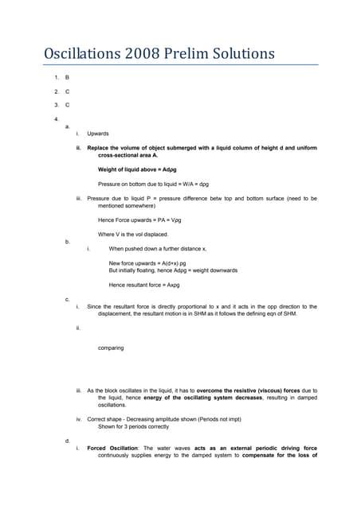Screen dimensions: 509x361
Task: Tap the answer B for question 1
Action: (67, 78)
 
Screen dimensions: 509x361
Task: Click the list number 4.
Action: (45, 119)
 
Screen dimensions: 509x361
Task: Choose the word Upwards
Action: (98, 134)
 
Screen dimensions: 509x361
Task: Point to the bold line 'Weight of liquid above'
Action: (137, 169)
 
